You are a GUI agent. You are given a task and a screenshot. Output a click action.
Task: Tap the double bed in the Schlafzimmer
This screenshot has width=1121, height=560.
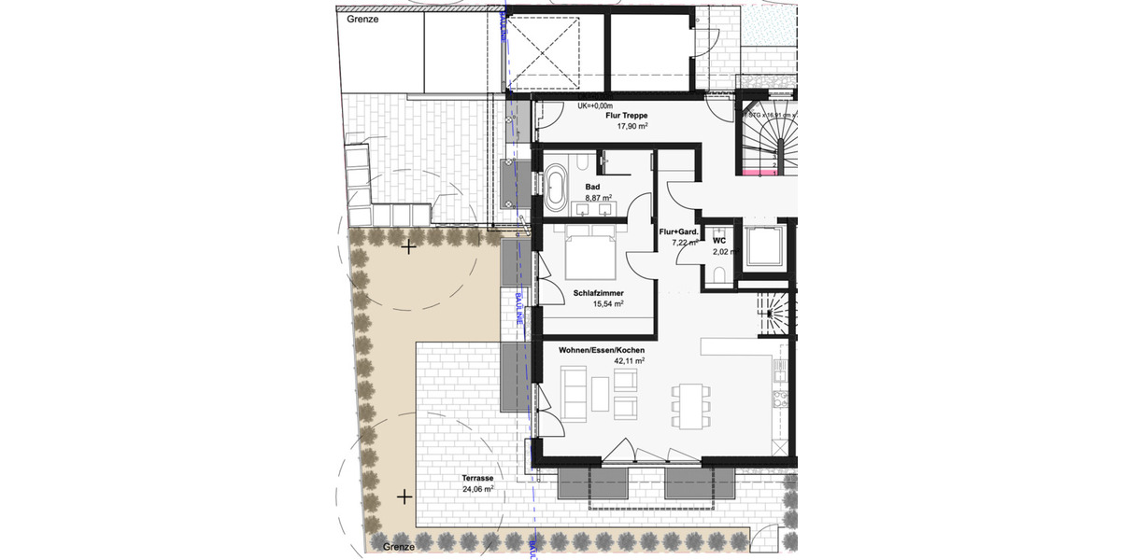[x=589, y=253]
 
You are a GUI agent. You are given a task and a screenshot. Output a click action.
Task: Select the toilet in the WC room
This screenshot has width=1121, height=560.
[x=717, y=273]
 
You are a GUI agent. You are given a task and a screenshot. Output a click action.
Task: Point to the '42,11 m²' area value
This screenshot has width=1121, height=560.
[x=630, y=360]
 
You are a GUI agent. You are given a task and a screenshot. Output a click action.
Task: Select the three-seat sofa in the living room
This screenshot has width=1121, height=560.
[x=573, y=391]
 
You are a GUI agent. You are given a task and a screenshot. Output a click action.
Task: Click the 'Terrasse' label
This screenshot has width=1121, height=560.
[x=477, y=476]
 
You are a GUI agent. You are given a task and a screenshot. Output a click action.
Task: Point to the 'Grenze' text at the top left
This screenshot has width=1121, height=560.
[x=362, y=18]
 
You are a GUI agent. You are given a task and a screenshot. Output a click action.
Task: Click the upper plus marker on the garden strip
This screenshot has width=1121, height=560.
[x=407, y=247]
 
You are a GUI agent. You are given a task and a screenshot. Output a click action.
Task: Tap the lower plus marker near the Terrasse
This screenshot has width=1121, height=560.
[x=404, y=497]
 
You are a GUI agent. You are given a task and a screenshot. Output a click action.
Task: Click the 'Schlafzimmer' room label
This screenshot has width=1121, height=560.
[x=599, y=292]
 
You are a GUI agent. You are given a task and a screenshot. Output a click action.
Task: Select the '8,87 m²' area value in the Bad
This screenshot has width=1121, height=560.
[x=598, y=198]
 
